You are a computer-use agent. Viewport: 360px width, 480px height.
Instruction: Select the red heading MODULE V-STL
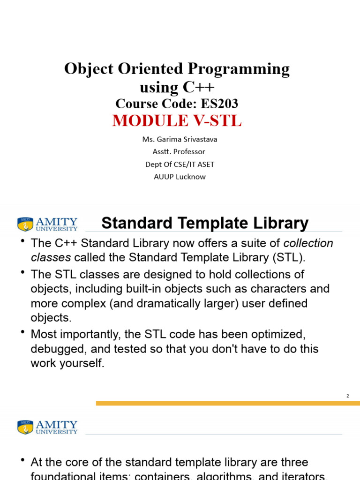point(177,121)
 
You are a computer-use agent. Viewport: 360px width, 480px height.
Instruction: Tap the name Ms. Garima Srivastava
point(180,139)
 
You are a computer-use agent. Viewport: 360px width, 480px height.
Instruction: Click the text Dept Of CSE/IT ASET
point(180,164)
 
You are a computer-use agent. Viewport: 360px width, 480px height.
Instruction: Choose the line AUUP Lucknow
point(180,177)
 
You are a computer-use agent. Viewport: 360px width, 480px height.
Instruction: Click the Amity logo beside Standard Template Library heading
point(47,224)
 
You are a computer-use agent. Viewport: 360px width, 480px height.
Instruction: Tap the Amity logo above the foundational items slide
point(47,427)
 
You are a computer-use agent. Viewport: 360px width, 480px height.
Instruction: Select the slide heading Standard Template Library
point(205,223)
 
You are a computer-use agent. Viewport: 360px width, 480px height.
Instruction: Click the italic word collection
point(308,243)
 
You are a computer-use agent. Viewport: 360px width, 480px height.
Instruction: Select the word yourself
point(81,363)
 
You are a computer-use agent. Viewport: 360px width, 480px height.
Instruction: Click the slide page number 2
point(347,396)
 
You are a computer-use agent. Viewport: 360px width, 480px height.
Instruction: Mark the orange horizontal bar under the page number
point(228,403)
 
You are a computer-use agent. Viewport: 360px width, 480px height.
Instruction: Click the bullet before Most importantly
point(22,333)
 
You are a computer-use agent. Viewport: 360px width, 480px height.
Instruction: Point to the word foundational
point(66,476)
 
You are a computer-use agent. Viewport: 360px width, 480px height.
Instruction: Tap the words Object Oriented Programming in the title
point(177,69)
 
